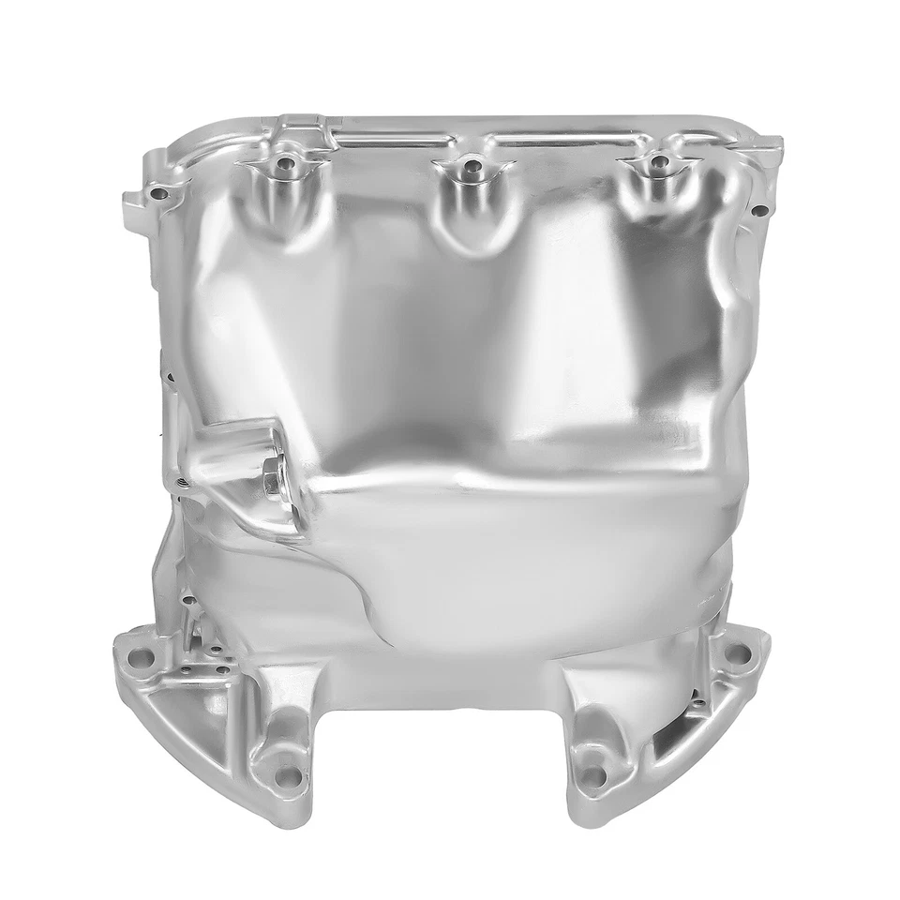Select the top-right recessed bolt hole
click(661, 163)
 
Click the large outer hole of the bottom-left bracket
click(141, 656)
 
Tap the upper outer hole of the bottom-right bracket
click(732, 653)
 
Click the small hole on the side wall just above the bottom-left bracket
click(188, 598)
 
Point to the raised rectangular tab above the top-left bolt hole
click(298, 126)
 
